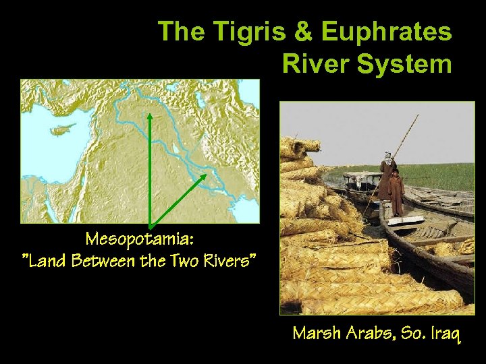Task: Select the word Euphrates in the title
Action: (386, 32)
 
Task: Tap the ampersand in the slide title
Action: (295, 32)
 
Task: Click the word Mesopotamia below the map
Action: (139, 239)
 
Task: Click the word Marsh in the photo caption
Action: (317, 333)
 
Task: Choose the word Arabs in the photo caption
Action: (369, 333)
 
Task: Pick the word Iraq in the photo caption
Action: (445, 333)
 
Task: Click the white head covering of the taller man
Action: (387, 156)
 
